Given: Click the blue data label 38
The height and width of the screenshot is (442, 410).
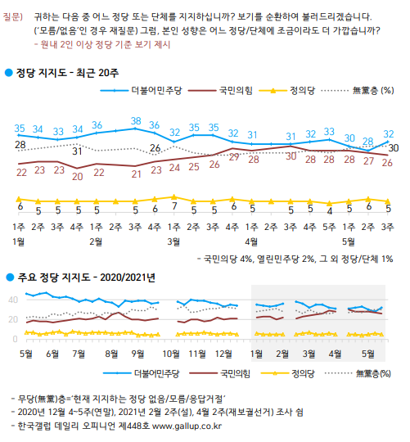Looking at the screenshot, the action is [136, 121].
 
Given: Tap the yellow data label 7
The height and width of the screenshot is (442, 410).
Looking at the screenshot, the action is [174, 206].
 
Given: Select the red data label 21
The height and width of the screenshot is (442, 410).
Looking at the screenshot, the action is [136, 174].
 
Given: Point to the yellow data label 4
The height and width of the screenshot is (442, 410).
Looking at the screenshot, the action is [330, 211].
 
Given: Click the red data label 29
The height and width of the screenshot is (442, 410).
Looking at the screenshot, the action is [234, 157].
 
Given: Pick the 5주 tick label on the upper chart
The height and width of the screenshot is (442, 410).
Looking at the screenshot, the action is [330, 227].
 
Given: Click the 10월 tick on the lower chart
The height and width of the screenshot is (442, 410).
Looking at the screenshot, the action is [171, 354].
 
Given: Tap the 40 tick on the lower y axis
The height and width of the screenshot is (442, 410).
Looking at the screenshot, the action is [13, 300].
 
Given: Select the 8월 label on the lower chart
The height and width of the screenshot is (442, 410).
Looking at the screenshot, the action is [111, 354].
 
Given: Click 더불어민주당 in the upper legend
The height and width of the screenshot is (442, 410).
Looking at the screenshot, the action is [156, 91].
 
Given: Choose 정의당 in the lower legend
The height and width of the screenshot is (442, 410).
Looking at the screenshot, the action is [303, 374].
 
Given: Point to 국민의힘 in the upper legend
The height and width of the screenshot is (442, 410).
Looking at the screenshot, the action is [236, 91].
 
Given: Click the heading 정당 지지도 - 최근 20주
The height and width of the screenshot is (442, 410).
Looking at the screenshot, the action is [67, 73].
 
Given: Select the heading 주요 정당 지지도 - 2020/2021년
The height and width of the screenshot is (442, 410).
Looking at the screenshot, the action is [86, 277].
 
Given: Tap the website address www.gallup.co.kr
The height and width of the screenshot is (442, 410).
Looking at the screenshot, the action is [187, 426].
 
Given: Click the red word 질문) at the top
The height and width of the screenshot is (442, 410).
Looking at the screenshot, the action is [13, 16].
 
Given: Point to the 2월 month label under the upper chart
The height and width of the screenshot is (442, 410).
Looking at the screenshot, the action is [96, 241].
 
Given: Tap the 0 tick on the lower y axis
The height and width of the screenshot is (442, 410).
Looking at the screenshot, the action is [16, 339].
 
